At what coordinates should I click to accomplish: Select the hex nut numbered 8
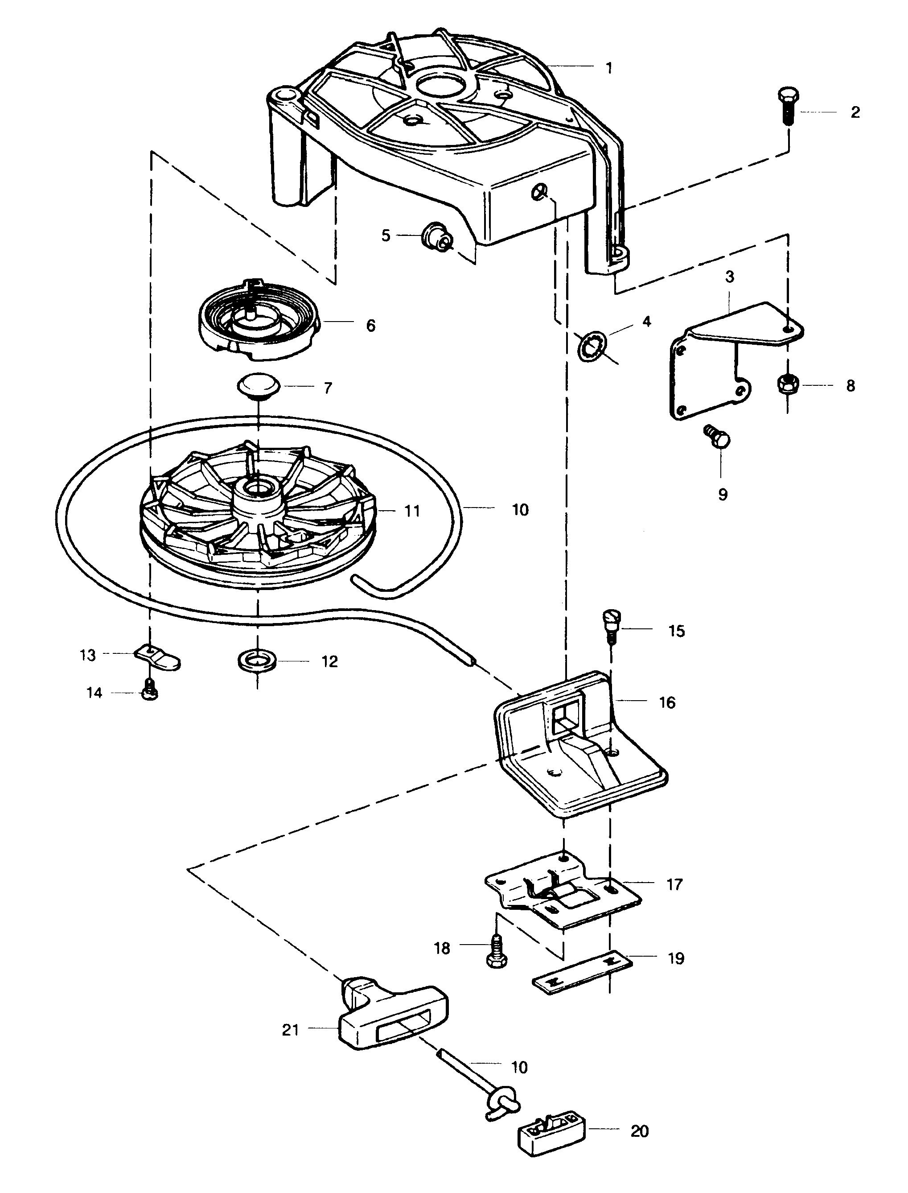pyautogui.click(x=788, y=384)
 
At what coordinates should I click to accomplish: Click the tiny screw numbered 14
pyautogui.click(x=150, y=692)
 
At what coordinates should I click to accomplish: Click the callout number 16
pyautogui.click(x=667, y=702)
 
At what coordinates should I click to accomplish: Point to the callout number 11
pyautogui.click(x=412, y=511)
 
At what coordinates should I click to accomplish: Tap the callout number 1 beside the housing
pyautogui.click(x=609, y=68)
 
